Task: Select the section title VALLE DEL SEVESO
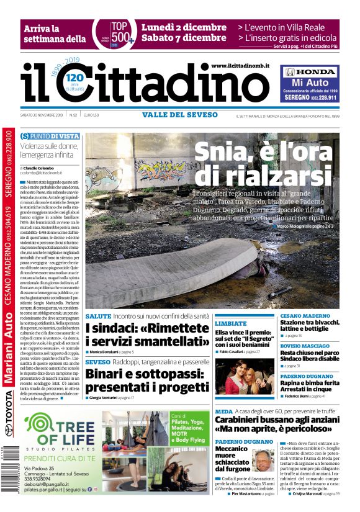tap(180, 115)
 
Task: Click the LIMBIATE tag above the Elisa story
tap(231, 323)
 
